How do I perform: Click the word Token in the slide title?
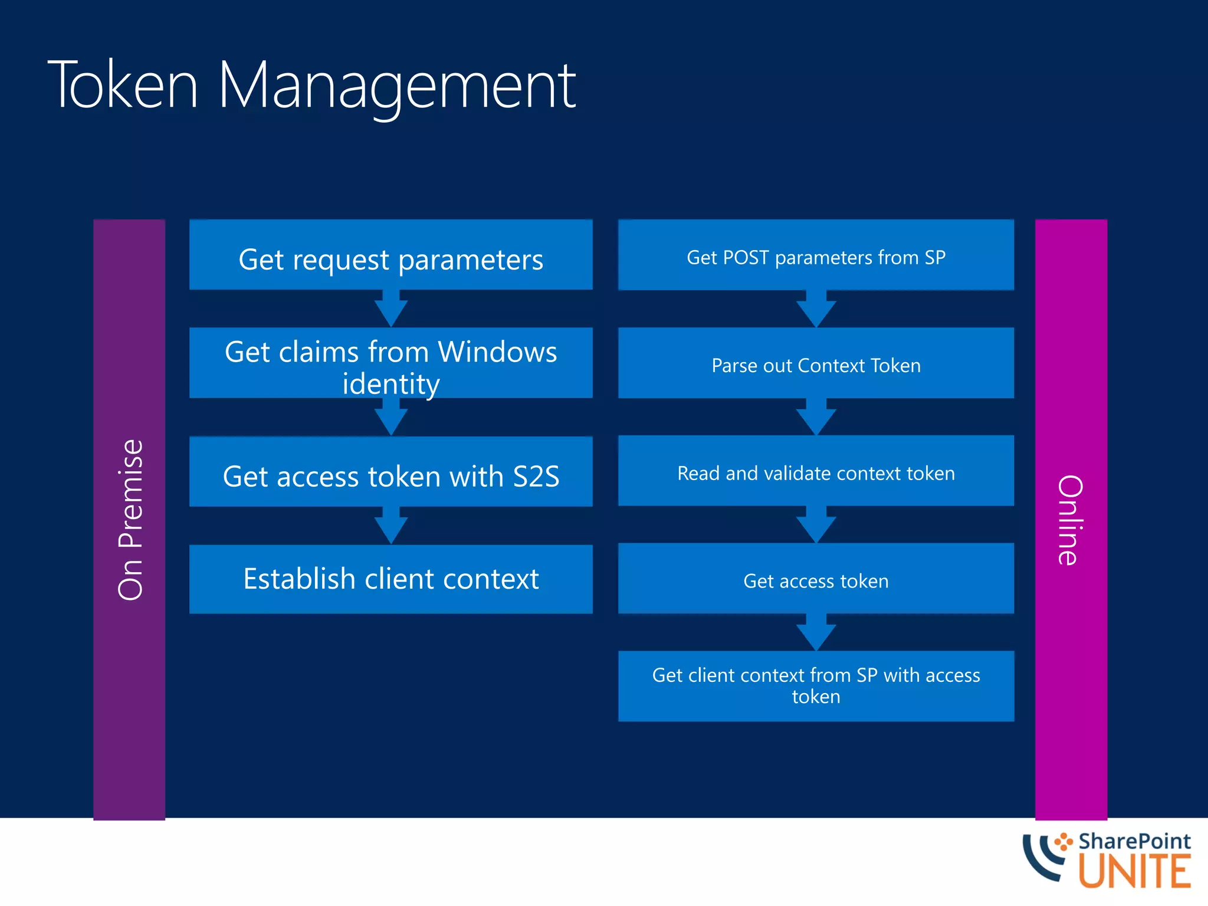tap(123, 86)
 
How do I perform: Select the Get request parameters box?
tap(390, 255)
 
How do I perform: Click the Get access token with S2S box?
tap(390, 472)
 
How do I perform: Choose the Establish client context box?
tap(390, 579)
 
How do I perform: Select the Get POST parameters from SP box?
tap(816, 255)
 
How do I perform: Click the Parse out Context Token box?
tap(816, 363)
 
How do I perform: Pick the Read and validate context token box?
tap(816, 471)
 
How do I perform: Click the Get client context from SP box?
tap(816, 686)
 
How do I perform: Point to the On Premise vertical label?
tap(130, 519)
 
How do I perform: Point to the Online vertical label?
tap(1071, 519)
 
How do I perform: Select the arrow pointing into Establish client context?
tap(390, 526)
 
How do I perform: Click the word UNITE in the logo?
tap(1134, 872)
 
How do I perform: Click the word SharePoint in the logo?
tap(1134, 841)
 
